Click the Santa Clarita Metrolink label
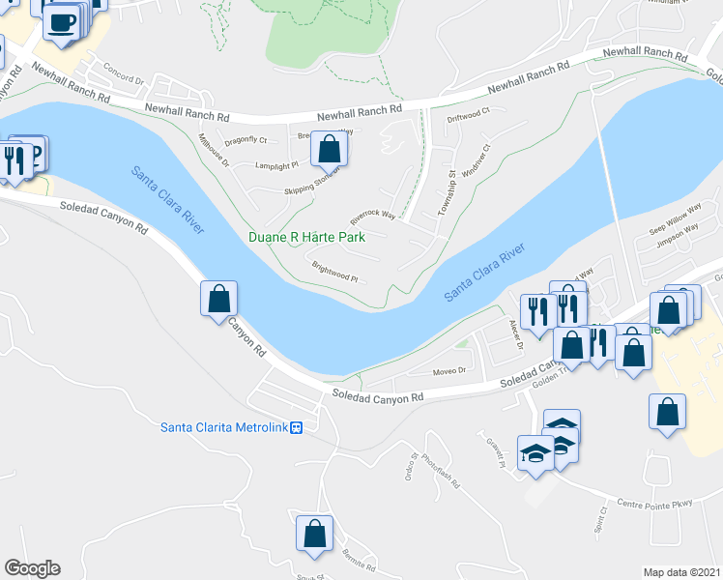[x=224, y=427]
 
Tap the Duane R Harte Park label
[x=306, y=237]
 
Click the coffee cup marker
[x=61, y=23]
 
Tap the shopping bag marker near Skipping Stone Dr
[x=330, y=150]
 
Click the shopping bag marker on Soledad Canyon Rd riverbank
[x=219, y=299]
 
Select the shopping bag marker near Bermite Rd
[x=314, y=534]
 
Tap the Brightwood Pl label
[x=334, y=270]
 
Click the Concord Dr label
[x=123, y=77]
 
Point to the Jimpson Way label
[x=679, y=234]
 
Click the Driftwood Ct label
[x=469, y=113]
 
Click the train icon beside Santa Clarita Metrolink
[x=298, y=427]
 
